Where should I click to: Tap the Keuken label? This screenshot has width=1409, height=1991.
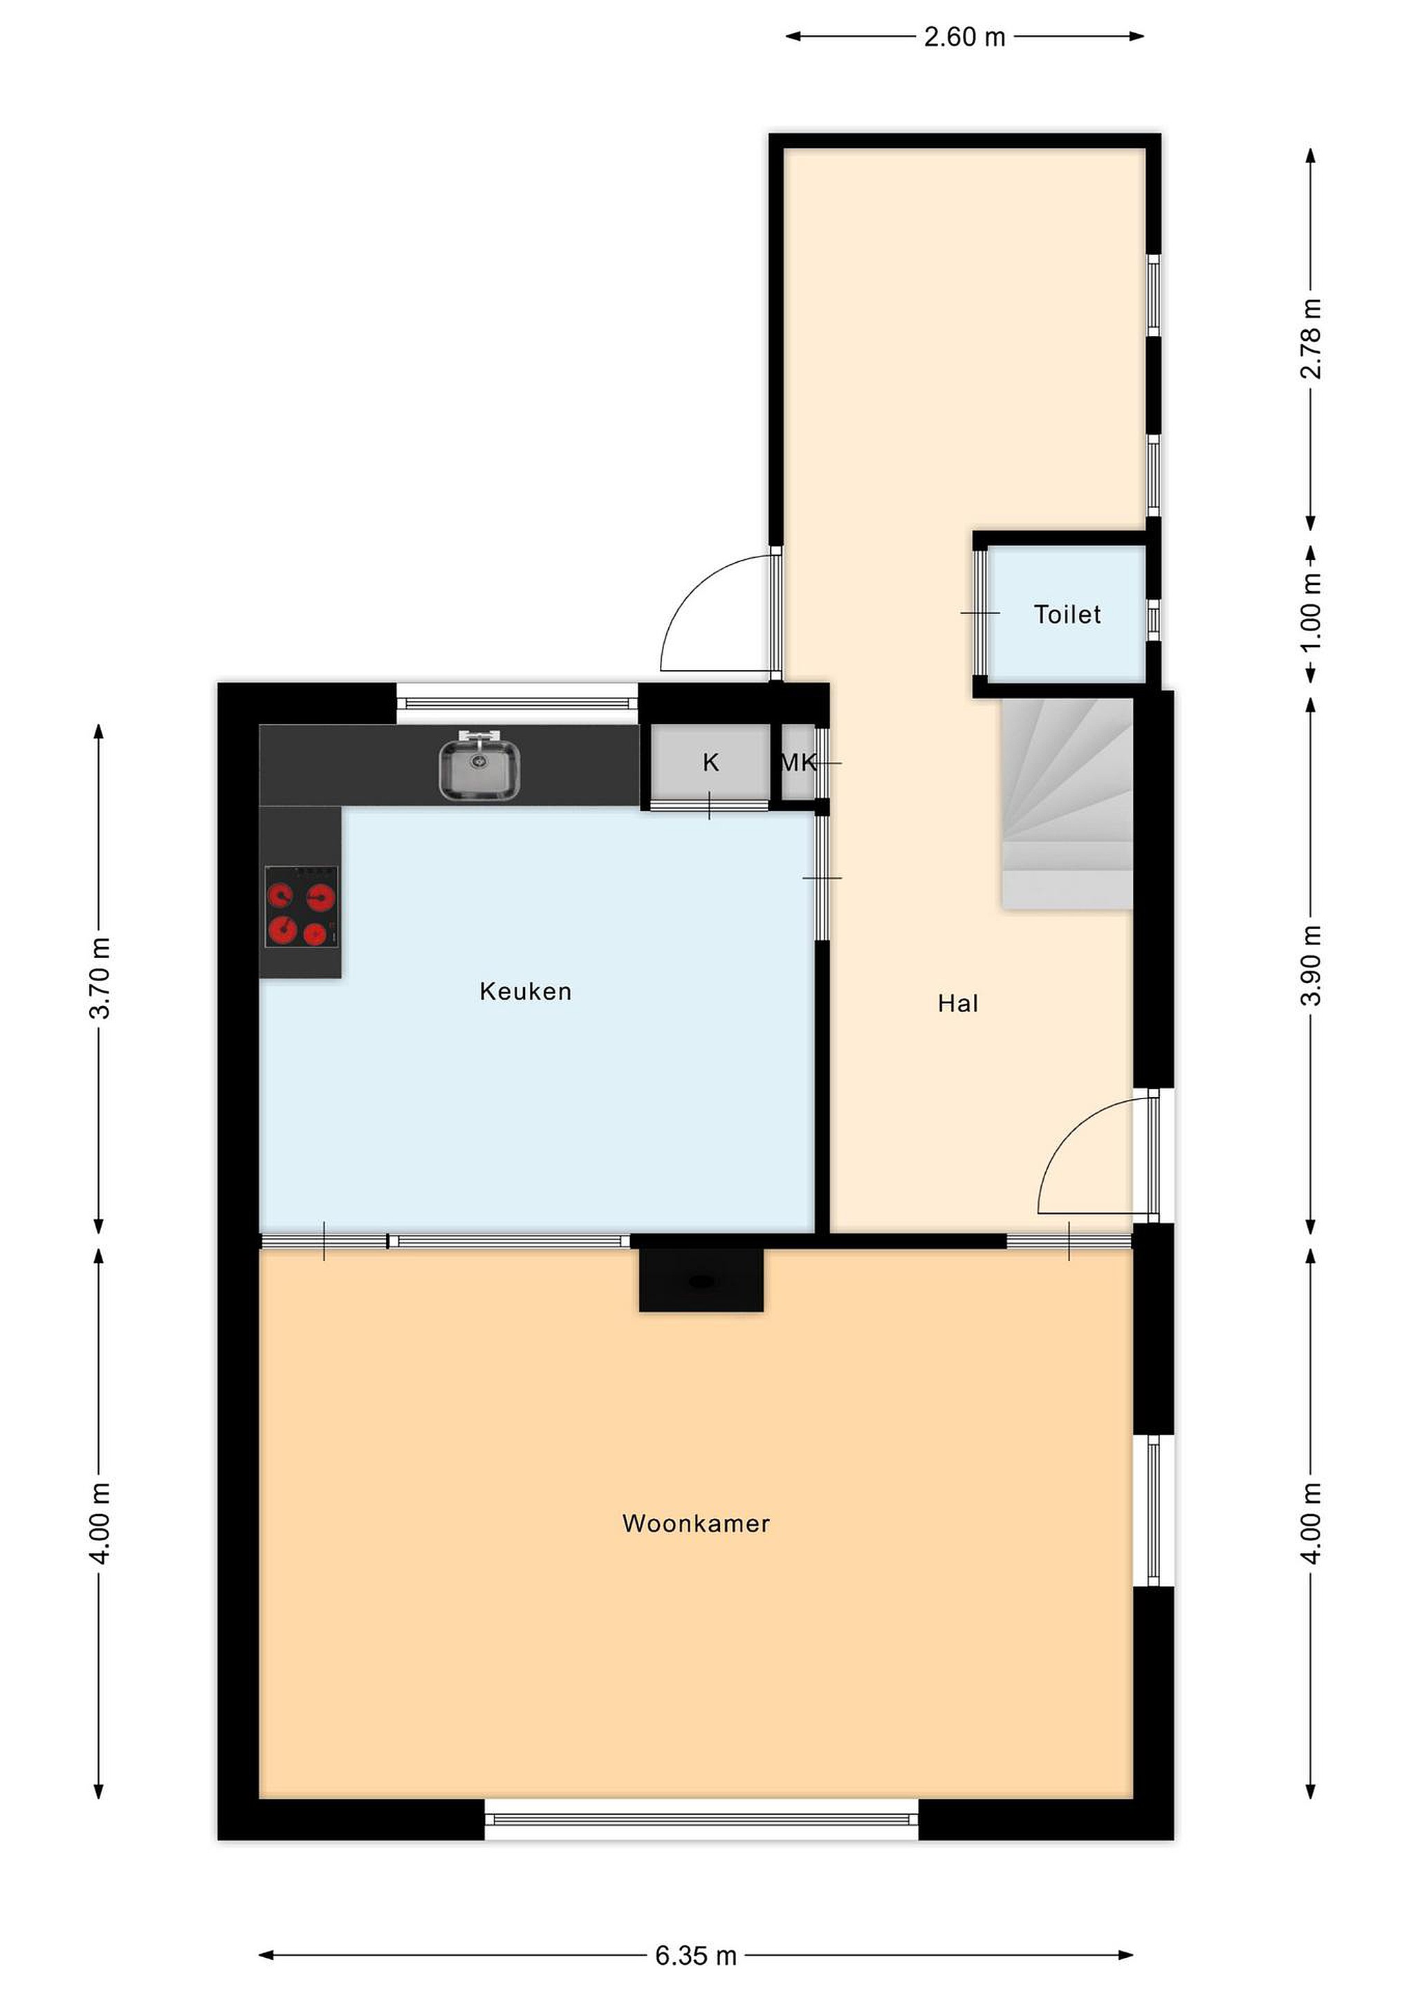pyautogui.click(x=526, y=991)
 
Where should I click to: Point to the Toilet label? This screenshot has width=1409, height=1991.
pyautogui.click(x=1067, y=614)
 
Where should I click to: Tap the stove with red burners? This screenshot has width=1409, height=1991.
pyautogui.click(x=302, y=907)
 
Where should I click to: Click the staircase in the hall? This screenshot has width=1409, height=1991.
pyautogui.click(x=1067, y=803)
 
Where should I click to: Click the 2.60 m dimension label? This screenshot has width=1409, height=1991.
pyautogui.click(x=965, y=37)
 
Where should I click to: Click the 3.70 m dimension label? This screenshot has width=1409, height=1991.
pyautogui.click(x=100, y=978)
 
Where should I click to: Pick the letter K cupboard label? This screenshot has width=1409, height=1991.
pyautogui.click(x=710, y=763)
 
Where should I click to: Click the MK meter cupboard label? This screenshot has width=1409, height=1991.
pyautogui.click(x=799, y=763)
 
